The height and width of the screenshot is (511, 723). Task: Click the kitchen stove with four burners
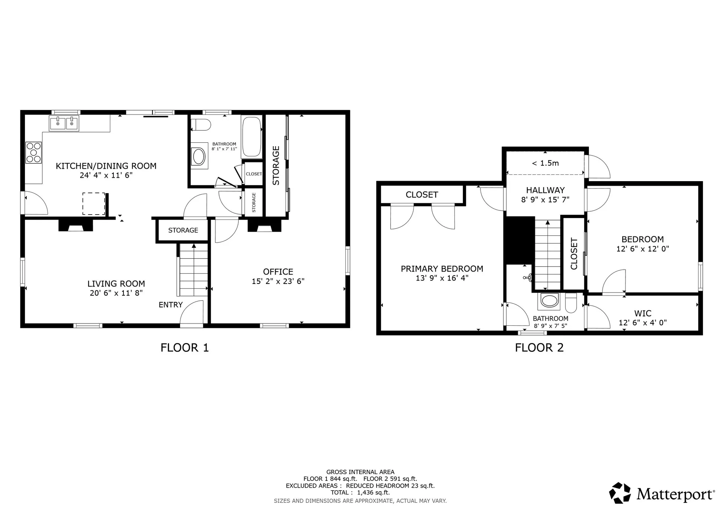click(34, 153)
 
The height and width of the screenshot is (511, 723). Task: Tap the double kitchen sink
click(64, 124)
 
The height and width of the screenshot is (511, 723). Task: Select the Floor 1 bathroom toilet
click(201, 125)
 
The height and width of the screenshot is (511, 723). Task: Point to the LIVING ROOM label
click(116, 284)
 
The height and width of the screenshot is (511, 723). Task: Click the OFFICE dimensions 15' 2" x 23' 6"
click(278, 281)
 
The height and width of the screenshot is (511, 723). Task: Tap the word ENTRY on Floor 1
click(171, 305)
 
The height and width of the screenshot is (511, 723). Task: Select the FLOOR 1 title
click(185, 348)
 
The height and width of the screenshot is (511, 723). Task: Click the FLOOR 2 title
click(539, 348)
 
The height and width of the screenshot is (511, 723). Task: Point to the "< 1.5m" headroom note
click(545, 163)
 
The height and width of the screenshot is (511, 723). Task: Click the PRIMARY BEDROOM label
click(442, 269)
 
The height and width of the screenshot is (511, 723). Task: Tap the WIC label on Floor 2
click(643, 313)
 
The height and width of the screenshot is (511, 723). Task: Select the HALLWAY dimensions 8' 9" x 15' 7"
click(545, 200)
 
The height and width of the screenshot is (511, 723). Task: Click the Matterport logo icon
click(620, 493)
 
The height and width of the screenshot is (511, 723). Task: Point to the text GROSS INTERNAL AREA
click(360, 472)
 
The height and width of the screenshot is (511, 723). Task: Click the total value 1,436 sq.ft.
click(374, 493)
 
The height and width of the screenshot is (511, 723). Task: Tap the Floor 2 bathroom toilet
click(571, 303)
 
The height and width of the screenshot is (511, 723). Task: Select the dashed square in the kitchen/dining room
click(94, 204)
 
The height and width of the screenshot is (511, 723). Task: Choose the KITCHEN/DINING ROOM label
click(106, 166)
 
